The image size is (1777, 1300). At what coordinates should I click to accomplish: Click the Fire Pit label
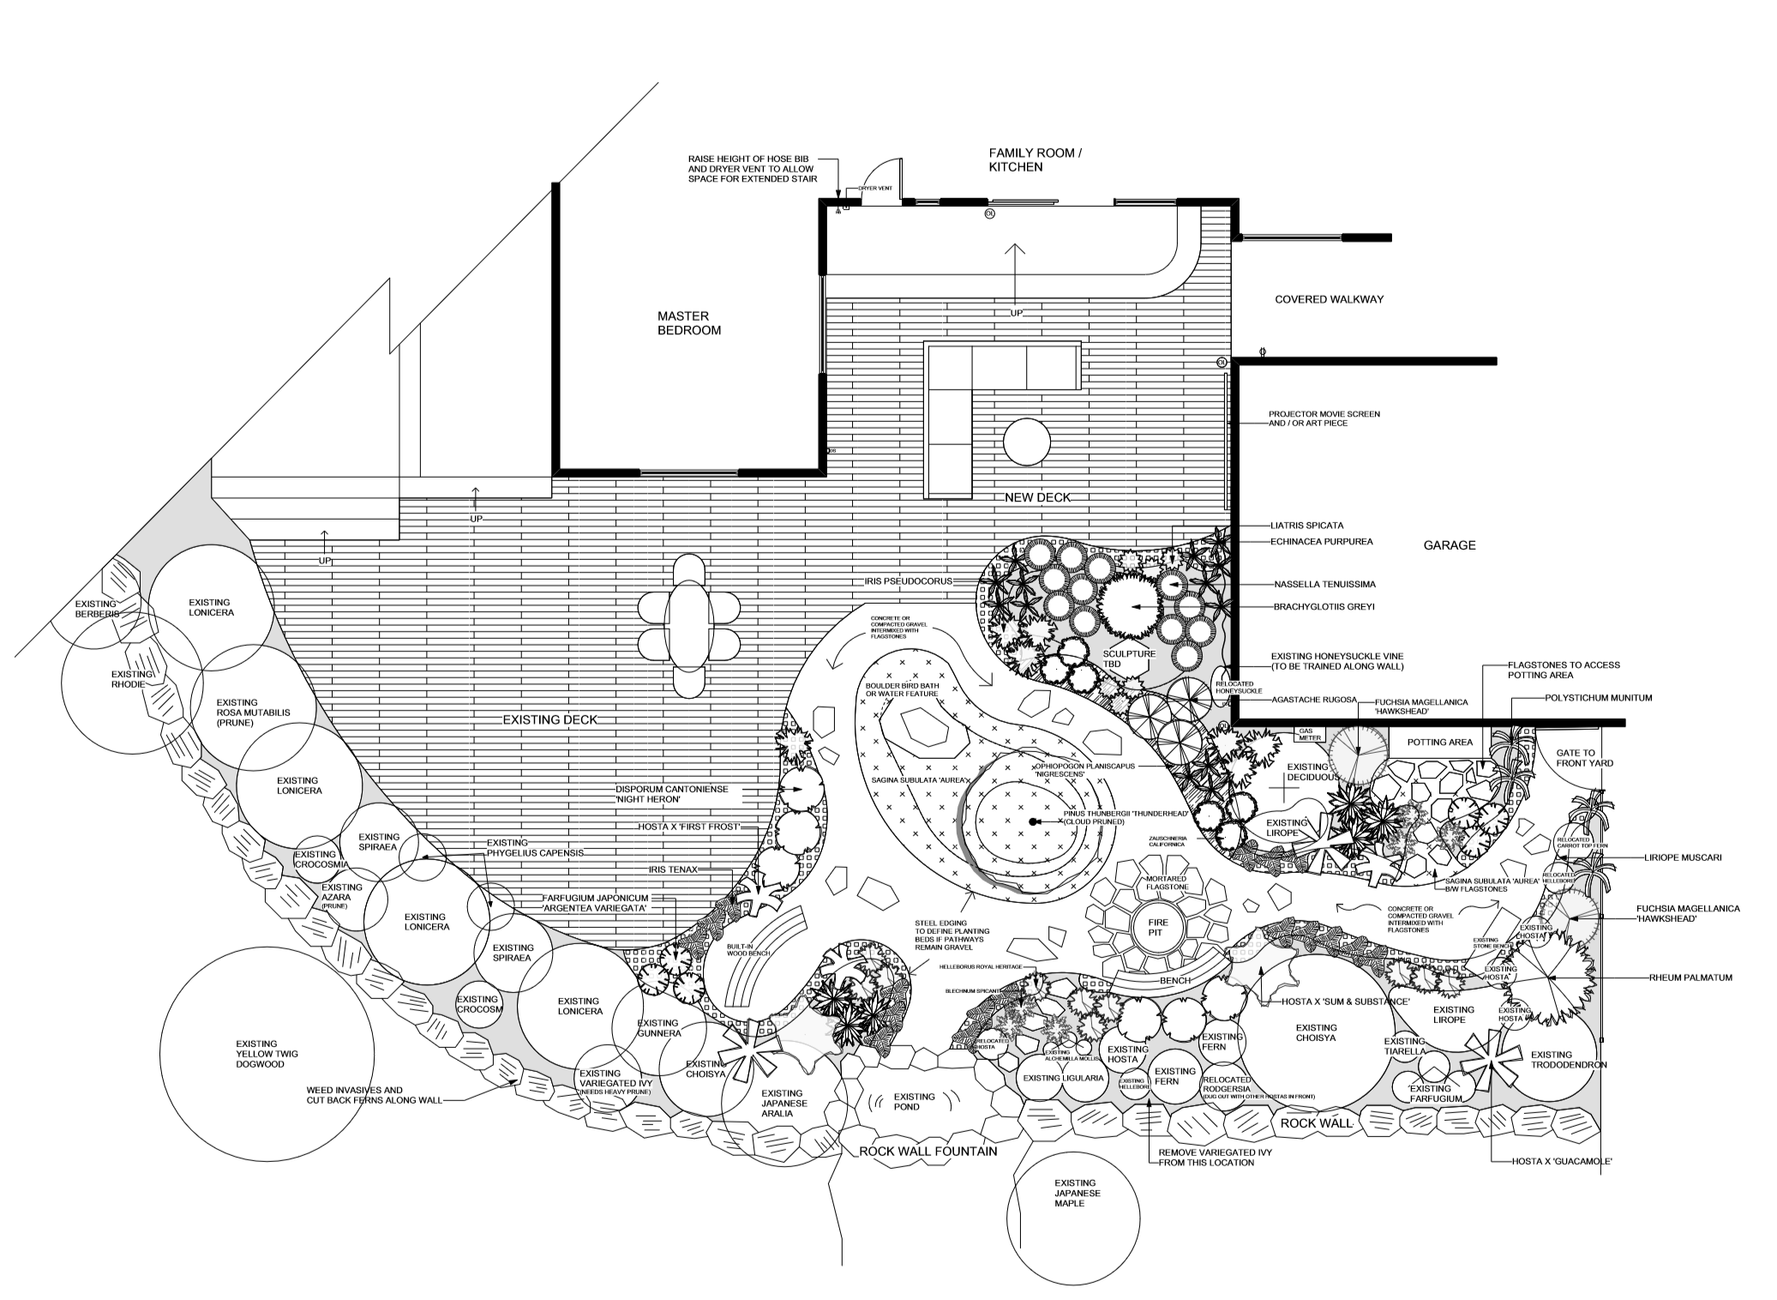(x=1154, y=925)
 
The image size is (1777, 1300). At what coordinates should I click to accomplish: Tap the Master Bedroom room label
(x=688, y=323)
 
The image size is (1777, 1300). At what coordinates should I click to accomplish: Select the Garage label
(x=1450, y=545)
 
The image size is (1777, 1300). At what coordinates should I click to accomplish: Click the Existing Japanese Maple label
(x=1078, y=1193)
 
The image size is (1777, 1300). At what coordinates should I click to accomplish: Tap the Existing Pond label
(x=914, y=1101)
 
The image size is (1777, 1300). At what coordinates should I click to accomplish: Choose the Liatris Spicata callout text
(x=1306, y=526)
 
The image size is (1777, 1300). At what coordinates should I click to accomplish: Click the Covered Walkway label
(x=1329, y=299)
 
